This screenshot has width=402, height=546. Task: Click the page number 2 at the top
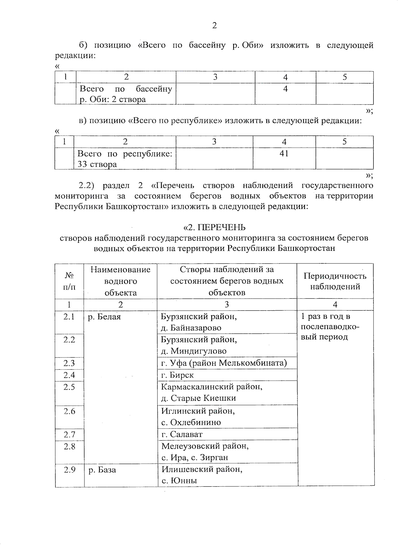point(214,25)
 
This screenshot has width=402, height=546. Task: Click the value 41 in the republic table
point(284,154)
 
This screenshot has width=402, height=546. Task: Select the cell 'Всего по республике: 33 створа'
point(125,159)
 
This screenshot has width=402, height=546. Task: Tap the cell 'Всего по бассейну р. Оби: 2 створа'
point(126,94)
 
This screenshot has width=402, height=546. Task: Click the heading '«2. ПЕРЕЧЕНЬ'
point(214,228)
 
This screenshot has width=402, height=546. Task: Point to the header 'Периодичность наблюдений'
point(335,281)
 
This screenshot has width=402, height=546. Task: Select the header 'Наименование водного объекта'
point(120,281)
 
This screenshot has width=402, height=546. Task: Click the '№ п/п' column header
point(69,281)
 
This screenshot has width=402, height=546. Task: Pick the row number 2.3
point(69,363)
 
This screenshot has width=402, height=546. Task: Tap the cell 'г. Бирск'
point(178,375)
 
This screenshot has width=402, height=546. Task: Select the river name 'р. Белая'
point(104,317)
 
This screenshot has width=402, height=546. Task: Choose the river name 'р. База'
point(102,470)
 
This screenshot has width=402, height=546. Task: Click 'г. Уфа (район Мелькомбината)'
point(224,363)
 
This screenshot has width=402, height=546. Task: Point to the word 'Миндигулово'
point(198,351)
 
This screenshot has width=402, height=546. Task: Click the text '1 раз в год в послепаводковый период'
point(330,327)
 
